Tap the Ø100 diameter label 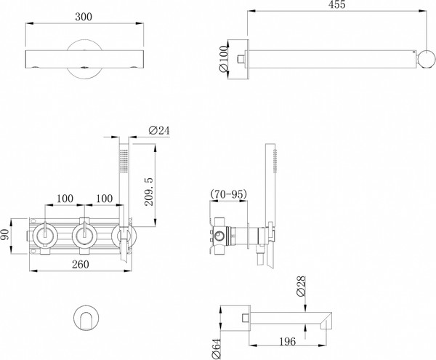(225, 56)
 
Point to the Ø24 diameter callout (158, 130)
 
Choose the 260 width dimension (80, 264)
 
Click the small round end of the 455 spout (427, 57)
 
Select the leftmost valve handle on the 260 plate (46, 234)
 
